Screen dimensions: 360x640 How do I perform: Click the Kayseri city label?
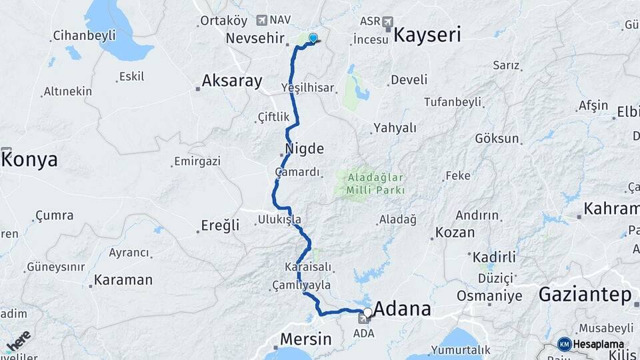[427, 35]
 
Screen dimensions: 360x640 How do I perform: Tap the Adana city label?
[402, 309]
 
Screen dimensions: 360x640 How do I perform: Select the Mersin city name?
[305, 339]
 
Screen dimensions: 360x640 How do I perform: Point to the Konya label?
[30, 159]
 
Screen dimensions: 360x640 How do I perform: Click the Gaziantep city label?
[584, 294]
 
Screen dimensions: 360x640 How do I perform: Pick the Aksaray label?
[232, 81]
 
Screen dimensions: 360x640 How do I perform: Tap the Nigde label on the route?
[304, 148]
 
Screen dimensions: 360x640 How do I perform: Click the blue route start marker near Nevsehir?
[313, 39]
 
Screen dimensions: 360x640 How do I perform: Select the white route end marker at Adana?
[367, 312]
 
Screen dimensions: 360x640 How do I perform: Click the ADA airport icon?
[363, 319]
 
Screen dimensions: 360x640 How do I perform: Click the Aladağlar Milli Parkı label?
[375, 185]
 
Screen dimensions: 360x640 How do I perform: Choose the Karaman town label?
[123, 280]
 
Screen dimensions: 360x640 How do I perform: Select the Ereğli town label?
[220, 226]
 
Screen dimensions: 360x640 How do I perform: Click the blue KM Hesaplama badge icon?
[564, 344]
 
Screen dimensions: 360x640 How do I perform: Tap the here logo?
[19, 340]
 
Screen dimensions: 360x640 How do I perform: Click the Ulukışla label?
[279, 219]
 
